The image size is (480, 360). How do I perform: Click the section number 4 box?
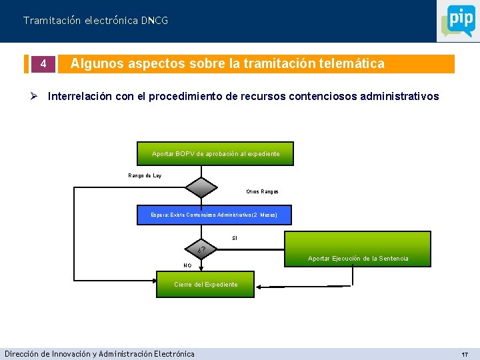pos(42,64)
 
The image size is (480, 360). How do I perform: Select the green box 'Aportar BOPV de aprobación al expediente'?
pos(215,154)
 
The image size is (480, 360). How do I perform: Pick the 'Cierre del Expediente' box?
pos(205,284)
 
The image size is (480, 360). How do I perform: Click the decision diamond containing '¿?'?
pos(201,250)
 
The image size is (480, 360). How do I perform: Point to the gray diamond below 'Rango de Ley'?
pos(201,189)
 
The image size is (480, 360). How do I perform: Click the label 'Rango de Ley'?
pos(145,175)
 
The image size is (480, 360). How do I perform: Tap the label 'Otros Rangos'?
pos(262,191)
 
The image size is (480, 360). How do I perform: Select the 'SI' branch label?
pos(235,238)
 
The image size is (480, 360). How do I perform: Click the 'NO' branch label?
pos(187,265)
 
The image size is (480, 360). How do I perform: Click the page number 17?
pos(465,354)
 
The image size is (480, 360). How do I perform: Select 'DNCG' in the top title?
pos(155,21)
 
